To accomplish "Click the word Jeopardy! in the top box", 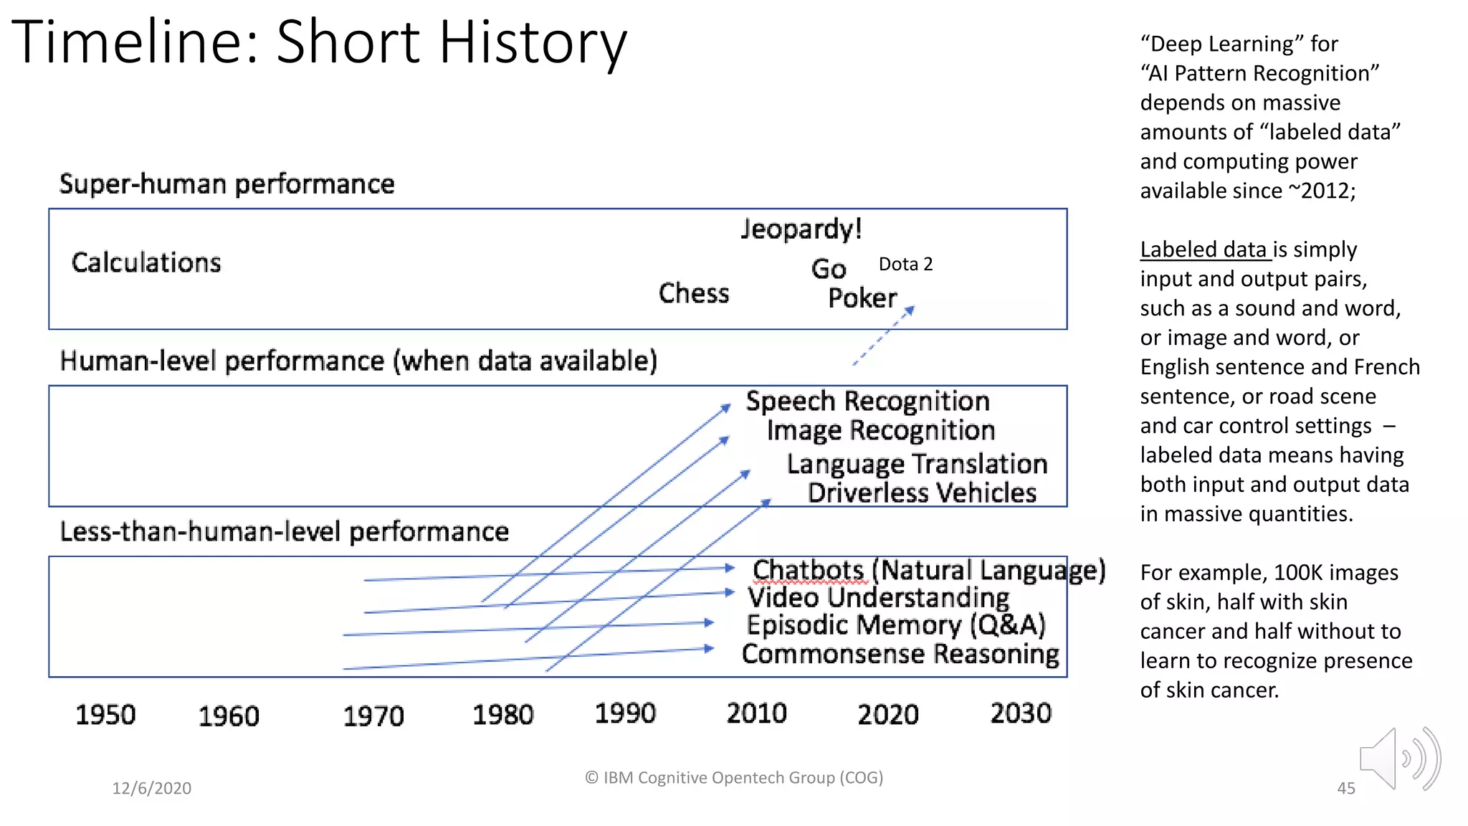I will pos(801,229).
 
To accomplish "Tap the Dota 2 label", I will pos(905,265).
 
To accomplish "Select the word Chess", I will pos(694,293).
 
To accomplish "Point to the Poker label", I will pos(862,298).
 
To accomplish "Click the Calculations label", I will pos(146,262).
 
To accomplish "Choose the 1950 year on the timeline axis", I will pos(105,715).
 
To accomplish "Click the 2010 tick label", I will pos(756,713).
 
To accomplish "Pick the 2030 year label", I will pos(1021,713).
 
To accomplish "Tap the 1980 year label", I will pos(502,715).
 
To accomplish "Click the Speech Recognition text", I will pos(867,402).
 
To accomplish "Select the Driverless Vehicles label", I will pos(922,493).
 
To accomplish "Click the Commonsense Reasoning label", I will pos(900,654).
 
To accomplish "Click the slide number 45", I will pos(1345,789).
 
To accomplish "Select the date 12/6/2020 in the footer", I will pos(151,789).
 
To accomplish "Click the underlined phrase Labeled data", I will pos(1204,250).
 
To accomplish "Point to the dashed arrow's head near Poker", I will pos(910,310).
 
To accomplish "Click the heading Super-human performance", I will pos(227,184).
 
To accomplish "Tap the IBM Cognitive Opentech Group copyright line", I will pos(734,778).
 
